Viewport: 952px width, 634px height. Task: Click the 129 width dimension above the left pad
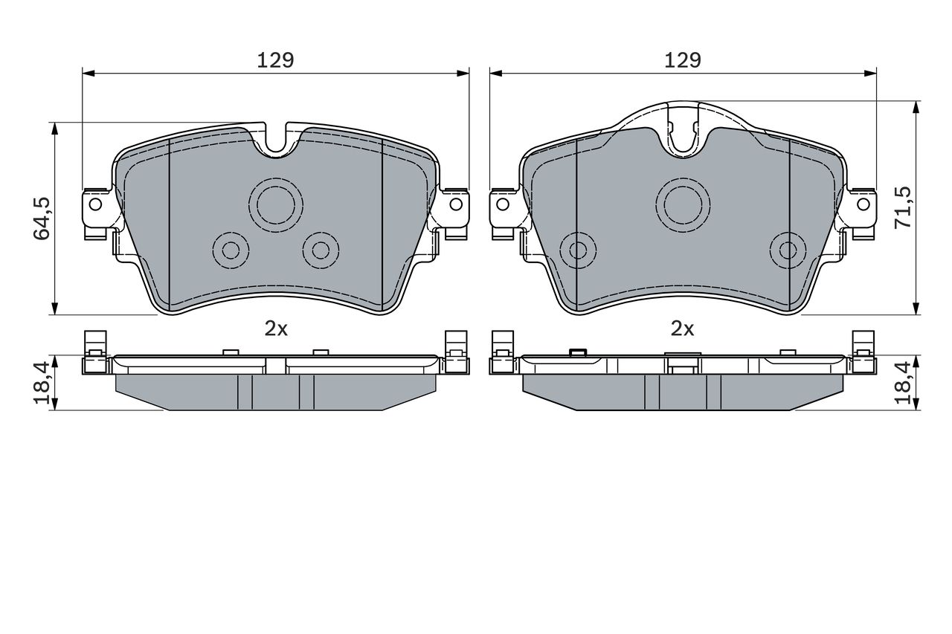click(x=275, y=60)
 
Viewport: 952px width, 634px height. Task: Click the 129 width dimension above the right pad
click(x=683, y=60)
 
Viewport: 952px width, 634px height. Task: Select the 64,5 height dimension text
click(x=42, y=219)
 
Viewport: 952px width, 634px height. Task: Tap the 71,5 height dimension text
click(x=903, y=207)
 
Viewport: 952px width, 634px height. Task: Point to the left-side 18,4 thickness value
click(x=42, y=383)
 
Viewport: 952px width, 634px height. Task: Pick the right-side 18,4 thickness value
click(x=903, y=383)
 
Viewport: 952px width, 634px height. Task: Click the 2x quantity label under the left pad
click(x=276, y=329)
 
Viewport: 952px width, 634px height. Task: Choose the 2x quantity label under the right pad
click(x=683, y=329)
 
